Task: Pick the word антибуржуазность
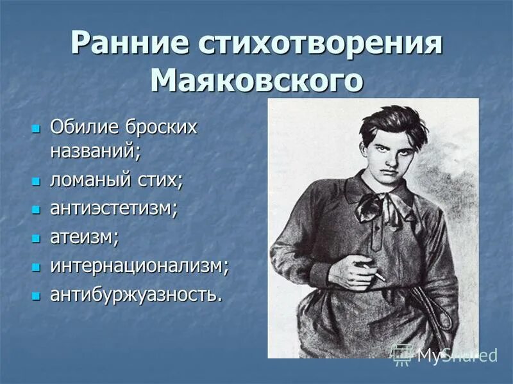click(136, 295)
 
